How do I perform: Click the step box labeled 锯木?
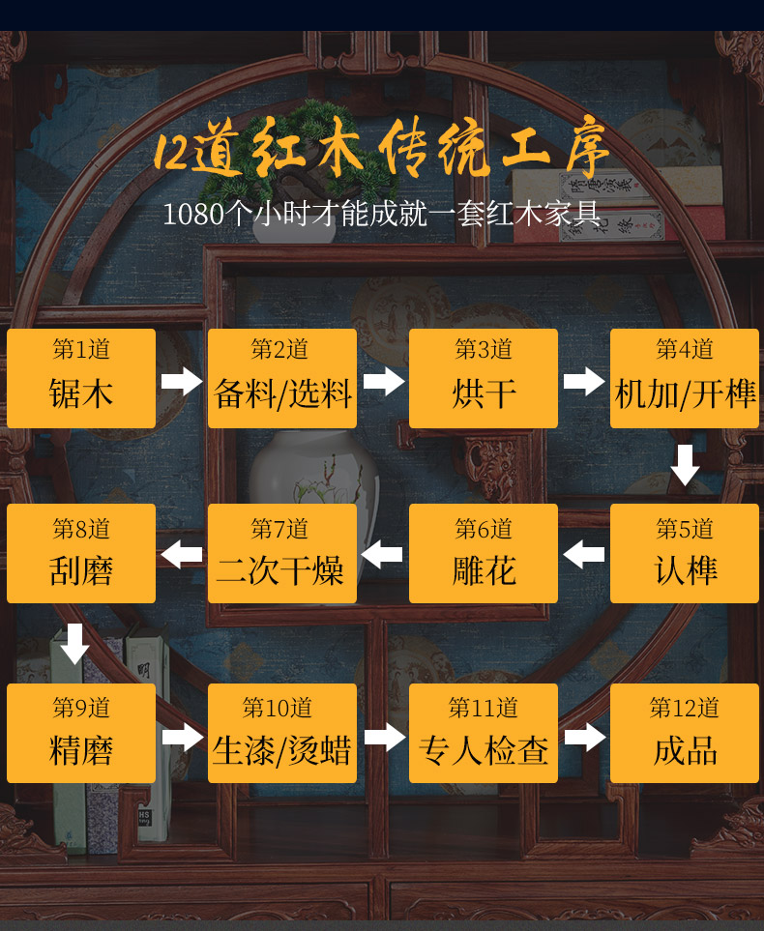point(81,378)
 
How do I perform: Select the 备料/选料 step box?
point(282,378)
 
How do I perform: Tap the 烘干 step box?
point(484,378)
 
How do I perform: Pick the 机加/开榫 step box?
point(685,378)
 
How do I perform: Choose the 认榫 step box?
point(685,554)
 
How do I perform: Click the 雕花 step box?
point(484,554)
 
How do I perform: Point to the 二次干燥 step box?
point(282,554)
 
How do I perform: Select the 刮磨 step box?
point(81,554)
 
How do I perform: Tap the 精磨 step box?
point(81,733)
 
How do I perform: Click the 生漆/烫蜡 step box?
point(282,733)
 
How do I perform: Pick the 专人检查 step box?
point(484,733)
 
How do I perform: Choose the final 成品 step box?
point(685,733)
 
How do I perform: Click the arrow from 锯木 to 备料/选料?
point(182,380)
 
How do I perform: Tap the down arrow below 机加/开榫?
point(685,465)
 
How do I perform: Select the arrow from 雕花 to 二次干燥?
point(383,555)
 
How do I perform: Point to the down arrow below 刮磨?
point(74,644)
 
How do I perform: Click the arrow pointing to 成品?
point(584,737)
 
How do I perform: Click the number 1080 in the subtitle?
point(192,214)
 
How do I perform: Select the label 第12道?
point(685,708)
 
